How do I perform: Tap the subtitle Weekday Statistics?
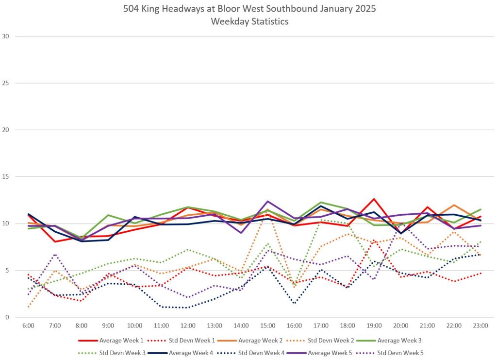(248, 21)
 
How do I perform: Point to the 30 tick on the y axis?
(6, 36)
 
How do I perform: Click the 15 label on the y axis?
(6, 177)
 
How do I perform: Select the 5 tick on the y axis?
(6, 271)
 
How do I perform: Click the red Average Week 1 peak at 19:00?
(374, 199)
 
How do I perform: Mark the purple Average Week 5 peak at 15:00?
(267, 201)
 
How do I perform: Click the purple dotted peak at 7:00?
(55, 254)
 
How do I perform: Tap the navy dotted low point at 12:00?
(188, 308)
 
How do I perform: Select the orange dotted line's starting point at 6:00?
(29, 307)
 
